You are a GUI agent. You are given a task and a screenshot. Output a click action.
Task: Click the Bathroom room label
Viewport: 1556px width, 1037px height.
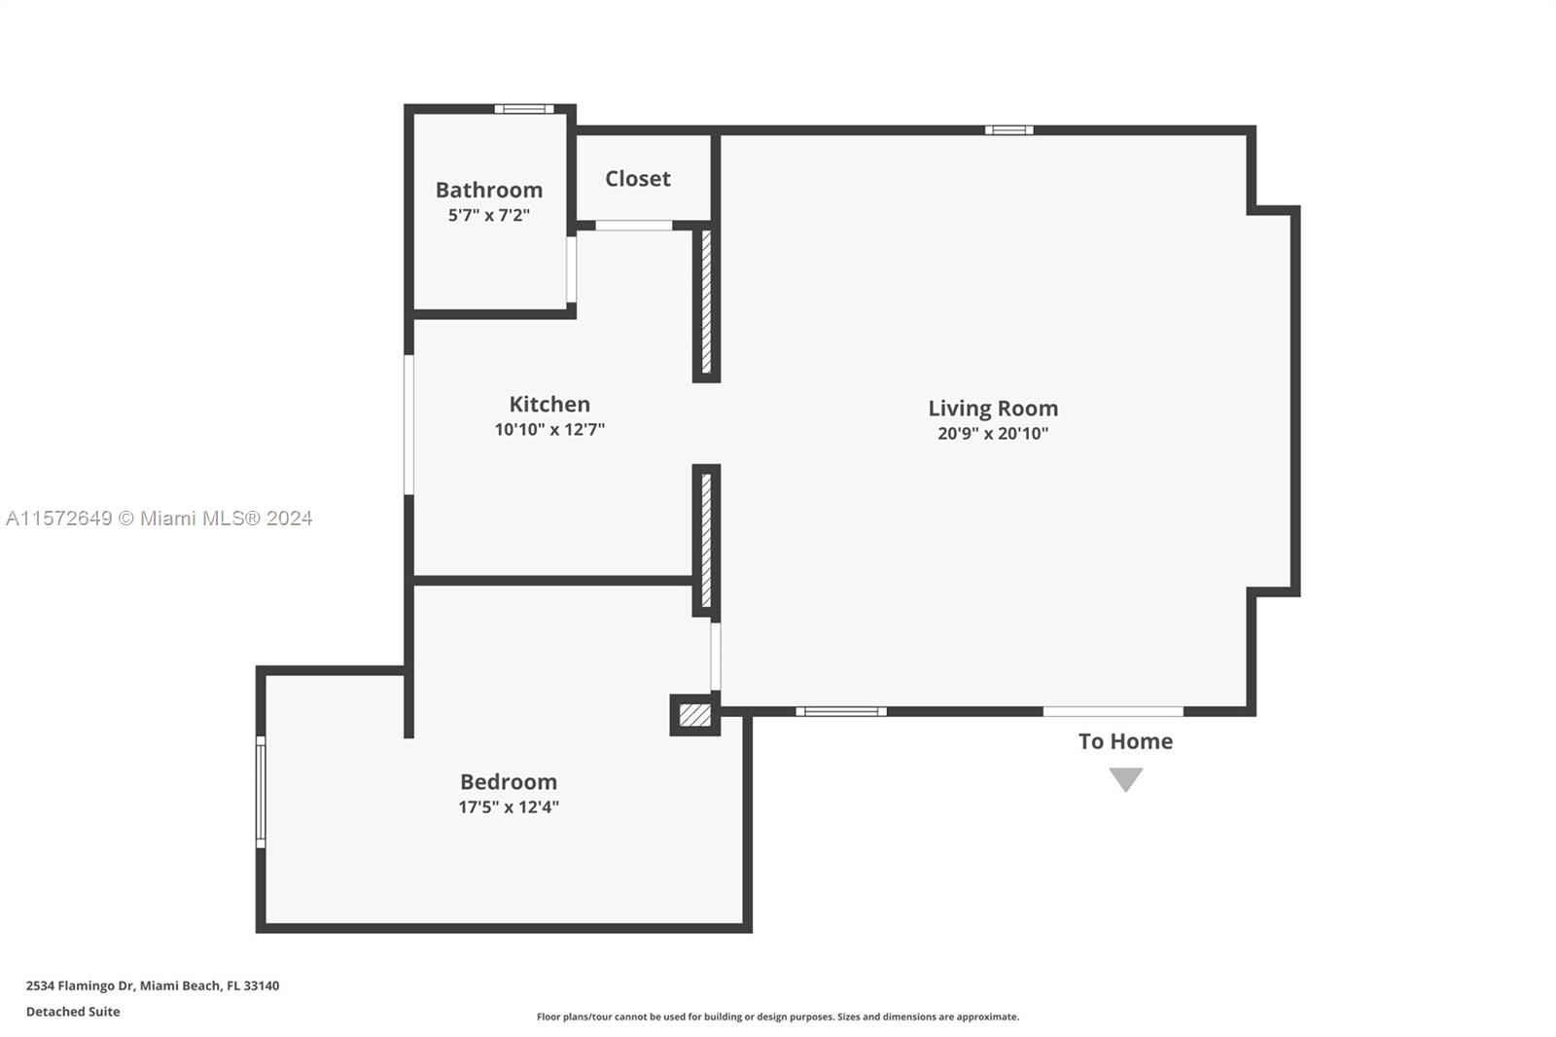(x=488, y=190)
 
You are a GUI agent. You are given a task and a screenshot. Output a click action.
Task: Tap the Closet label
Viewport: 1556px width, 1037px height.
(x=638, y=178)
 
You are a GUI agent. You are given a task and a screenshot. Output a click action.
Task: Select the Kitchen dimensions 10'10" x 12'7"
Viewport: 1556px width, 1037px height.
(x=549, y=429)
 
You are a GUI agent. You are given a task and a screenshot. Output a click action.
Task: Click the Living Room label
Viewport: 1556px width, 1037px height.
(x=992, y=409)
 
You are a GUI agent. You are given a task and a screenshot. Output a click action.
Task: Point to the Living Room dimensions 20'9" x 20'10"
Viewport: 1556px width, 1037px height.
(x=992, y=434)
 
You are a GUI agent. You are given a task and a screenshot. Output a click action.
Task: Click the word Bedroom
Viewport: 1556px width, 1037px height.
(x=509, y=782)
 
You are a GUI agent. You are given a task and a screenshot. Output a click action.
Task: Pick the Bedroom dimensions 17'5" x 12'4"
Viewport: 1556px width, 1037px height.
(x=509, y=806)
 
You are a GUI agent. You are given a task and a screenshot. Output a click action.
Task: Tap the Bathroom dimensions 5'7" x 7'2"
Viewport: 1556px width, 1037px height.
(x=488, y=215)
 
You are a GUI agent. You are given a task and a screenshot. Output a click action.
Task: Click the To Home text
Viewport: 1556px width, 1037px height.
(x=1125, y=741)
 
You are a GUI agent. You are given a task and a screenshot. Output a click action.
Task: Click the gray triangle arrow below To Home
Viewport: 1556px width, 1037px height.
(x=1125, y=778)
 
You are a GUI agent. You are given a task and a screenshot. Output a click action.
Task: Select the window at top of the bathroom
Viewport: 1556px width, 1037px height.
(x=523, y=109)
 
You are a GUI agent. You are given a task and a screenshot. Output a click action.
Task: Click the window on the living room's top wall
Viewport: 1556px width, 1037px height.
(x=1008, y=130)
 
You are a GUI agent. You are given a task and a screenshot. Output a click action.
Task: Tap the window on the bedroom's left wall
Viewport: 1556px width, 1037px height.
(x=261, y=791)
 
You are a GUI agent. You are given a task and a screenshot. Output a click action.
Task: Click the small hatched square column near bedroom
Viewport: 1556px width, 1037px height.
(x=694, y=715)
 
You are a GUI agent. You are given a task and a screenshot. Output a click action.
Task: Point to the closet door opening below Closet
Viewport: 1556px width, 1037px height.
(x=633, y=226)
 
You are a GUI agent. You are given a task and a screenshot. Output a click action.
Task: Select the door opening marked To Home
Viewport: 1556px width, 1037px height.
(x=1113, y=712)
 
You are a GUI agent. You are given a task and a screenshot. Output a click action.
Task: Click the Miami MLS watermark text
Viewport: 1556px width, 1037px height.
(x=159, y=518)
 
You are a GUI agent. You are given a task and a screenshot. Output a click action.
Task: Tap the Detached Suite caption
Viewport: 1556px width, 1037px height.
(x=73, y=1012)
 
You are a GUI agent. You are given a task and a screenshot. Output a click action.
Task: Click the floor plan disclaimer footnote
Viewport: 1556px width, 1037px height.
(x=777, y=1017)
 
